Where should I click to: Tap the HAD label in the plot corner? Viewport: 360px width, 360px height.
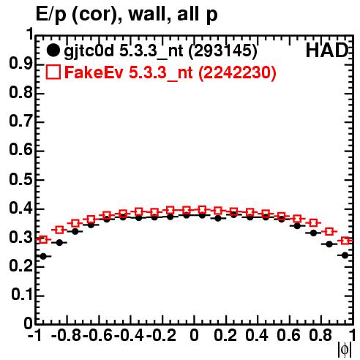point(327,50)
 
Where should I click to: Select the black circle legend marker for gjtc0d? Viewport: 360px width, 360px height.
point(53,50)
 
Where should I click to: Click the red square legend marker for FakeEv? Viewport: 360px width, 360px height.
point(53,72)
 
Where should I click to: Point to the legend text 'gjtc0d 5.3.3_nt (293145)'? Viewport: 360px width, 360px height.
point(160,51)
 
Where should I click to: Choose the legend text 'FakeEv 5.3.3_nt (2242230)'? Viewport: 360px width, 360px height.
point(170,72)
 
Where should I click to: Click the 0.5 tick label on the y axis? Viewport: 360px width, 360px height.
point(20,180)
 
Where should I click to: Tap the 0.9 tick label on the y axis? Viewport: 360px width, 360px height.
point(20,64)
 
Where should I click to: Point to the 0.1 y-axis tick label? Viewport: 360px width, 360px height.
point(22,295)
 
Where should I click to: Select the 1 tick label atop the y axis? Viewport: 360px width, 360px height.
point(29,34)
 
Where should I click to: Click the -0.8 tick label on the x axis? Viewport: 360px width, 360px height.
point(66,335)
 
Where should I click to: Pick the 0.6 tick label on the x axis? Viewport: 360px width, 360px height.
point(288,335)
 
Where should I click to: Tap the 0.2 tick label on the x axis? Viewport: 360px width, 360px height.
point(225,335)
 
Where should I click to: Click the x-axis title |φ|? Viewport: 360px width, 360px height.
point(345,350)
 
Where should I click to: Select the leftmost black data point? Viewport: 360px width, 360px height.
point(43,256)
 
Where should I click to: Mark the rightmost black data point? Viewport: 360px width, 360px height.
point(345,255)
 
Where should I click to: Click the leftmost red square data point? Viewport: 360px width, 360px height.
point(43,239)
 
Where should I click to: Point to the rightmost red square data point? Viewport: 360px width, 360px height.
point(345,241)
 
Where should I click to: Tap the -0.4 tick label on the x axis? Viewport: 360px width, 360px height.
point(129,335)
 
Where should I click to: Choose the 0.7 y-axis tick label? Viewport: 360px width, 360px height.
point(20,121)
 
